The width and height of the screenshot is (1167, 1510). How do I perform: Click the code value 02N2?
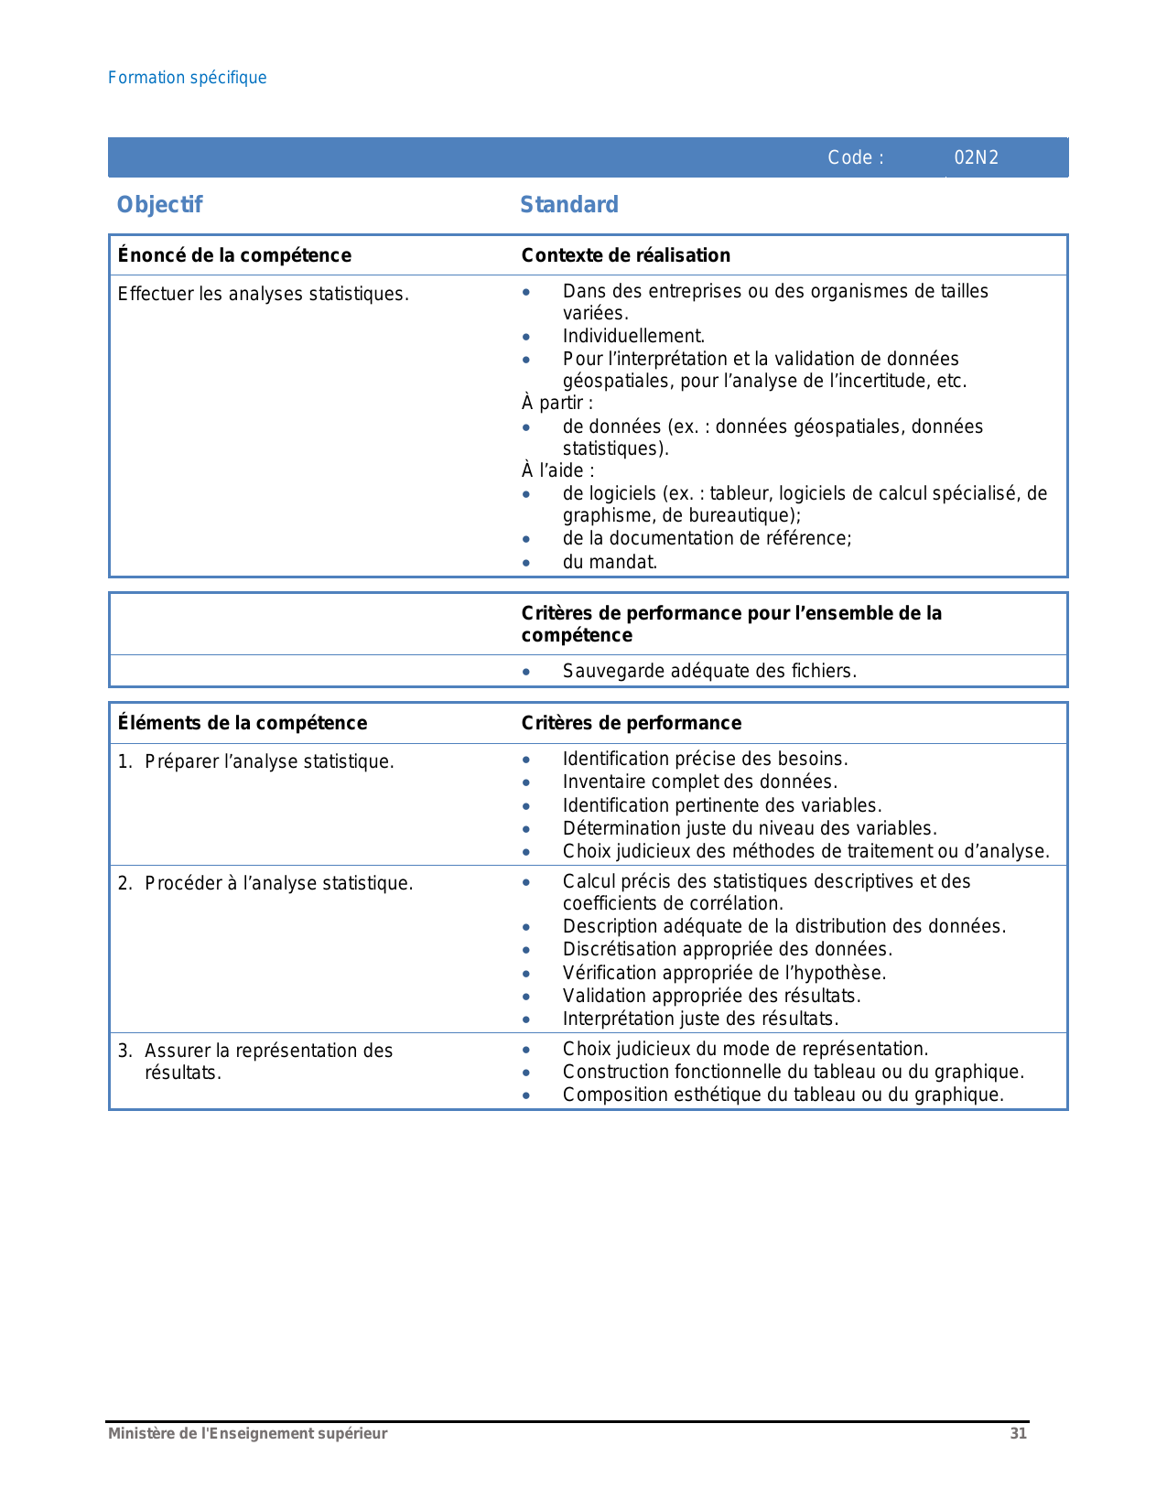point(976,157)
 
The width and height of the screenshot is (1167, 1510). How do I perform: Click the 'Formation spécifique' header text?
point(188,78)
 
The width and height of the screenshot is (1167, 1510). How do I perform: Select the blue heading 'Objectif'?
point(159,205)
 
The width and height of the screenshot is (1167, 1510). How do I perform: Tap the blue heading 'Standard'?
point(569,205)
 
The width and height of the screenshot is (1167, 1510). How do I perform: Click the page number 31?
point(1018,1434)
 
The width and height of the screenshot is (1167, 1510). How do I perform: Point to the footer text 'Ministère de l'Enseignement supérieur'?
point(247,1434)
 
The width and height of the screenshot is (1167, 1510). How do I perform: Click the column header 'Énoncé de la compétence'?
point(234,255)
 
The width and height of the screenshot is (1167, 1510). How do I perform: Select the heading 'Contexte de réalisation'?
point(626,255)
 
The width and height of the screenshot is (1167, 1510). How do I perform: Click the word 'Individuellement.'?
point(633,336)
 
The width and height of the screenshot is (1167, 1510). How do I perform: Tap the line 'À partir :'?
point(557,403)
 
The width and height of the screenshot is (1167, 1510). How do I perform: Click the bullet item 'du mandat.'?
point(610,562)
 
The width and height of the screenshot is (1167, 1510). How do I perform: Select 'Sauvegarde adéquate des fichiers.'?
point(709,671)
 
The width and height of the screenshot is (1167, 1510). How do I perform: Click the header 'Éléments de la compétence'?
point(243,723)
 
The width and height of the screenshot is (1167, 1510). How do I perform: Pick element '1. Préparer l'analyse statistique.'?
point(256,761)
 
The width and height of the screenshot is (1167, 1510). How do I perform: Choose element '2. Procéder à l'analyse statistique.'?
point(265,883)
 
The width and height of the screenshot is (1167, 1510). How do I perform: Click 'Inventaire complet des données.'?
point(700,782)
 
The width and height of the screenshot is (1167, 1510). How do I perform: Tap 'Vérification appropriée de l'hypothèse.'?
point(724,973)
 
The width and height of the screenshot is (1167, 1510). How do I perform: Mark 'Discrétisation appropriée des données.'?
point(728,949)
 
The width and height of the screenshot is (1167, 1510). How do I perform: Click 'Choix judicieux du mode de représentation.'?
point(745,1049)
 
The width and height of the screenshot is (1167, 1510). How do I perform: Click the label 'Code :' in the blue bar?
point(856,157)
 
